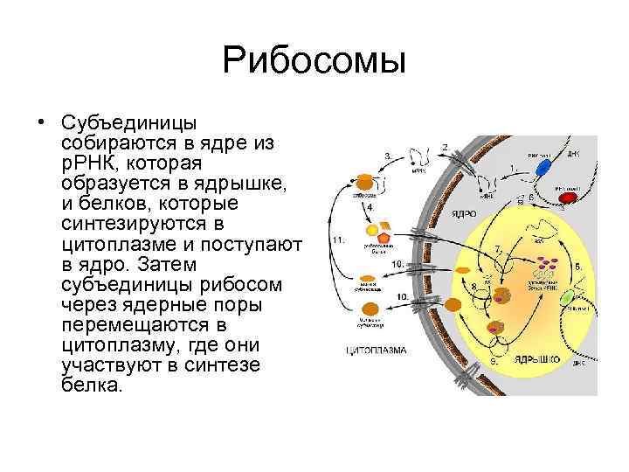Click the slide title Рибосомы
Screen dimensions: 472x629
[x=314, y=60]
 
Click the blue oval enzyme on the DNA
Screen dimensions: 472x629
[x=543, y=167]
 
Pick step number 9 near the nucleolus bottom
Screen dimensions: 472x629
[x=493, y=358]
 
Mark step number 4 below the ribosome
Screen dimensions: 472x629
[x=370, y=208]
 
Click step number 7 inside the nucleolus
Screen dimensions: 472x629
[x=498, y=250]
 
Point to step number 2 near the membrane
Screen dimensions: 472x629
[x=445, y=146]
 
